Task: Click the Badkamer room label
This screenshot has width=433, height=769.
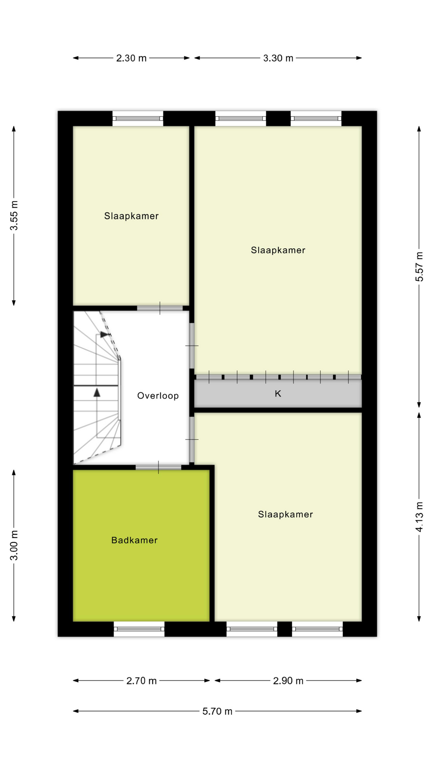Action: [134, 540]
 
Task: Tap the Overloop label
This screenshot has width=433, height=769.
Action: [158, 396]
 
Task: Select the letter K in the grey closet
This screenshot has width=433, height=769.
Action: [278, 394]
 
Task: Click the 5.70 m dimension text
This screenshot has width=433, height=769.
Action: [217, 711]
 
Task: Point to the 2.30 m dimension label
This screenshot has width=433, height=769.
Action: [131, 58]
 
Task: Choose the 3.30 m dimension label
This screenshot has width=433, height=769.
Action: [278, 58]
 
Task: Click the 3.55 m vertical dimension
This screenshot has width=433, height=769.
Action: [14, 215]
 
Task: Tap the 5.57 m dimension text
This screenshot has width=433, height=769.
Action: [419, 267]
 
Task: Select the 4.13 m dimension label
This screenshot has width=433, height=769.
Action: [419, 517]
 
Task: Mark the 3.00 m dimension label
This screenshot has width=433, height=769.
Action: [14, 546]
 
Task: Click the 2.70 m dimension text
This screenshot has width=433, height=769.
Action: [142, 681]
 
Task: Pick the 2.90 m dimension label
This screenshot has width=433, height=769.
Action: [288, 681]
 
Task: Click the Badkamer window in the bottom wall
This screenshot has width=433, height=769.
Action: [139, 629]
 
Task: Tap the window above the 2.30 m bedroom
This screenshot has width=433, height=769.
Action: [138, 119]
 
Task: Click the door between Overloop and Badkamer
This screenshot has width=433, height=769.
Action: [158, 467]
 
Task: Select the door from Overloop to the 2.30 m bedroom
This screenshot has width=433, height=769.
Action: [160, 308]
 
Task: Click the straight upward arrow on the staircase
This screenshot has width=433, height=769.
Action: [97, 393]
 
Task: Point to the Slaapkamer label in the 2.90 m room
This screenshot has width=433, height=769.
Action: [285, 514]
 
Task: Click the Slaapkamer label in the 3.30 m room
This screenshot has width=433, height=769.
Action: [278, 250]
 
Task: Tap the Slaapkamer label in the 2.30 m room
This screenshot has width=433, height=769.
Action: [132, 216]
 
